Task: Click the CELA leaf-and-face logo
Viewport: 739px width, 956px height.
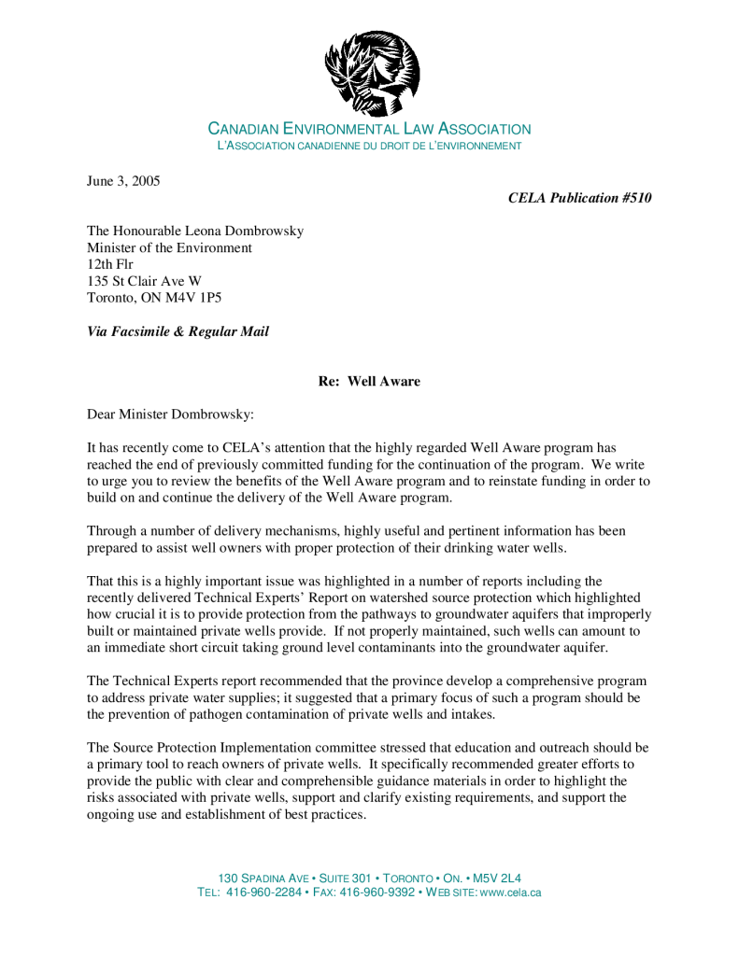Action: [371, 72]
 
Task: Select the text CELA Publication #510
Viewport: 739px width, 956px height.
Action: [579, 198]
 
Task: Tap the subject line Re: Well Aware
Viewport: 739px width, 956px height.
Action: [369, 382]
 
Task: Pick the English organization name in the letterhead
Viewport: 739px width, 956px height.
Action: [369, 130]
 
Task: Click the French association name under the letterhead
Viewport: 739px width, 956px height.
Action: [369, 147]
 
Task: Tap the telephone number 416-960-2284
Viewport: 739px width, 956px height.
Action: [264, 893]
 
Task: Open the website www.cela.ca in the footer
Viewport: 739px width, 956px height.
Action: [509, 893]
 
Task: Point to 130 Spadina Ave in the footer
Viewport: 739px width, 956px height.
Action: [263, 879]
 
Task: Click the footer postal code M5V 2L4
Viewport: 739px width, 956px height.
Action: [497, 879]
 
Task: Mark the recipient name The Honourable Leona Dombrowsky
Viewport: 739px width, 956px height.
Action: [195, 231]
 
